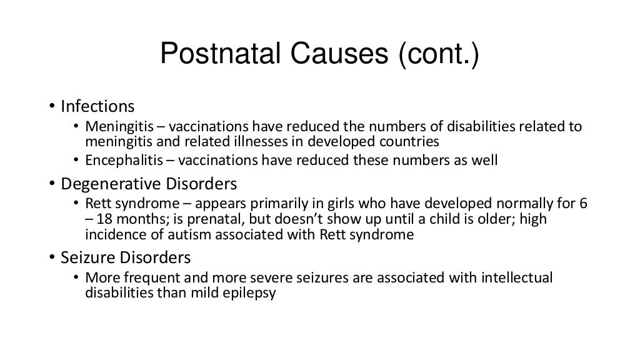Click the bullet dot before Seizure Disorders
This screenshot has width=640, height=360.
(x=53, y=257)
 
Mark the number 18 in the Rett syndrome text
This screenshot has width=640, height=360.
(x=104, y=221)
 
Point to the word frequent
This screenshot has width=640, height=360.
(x=135, y=277)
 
